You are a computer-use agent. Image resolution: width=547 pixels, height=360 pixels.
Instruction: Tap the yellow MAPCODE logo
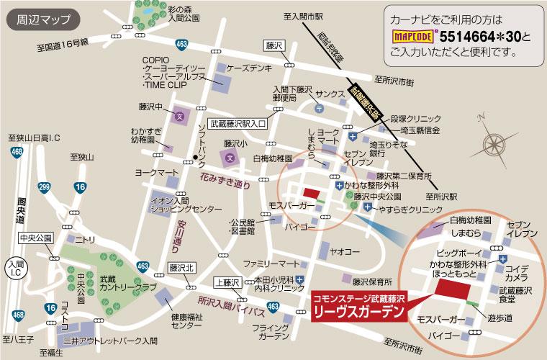pos(413,34)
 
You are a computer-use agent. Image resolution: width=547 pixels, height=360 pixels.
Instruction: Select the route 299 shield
pos(45,188)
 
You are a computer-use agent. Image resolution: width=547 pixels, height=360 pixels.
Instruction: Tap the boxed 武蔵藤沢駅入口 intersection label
pos(238,124)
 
